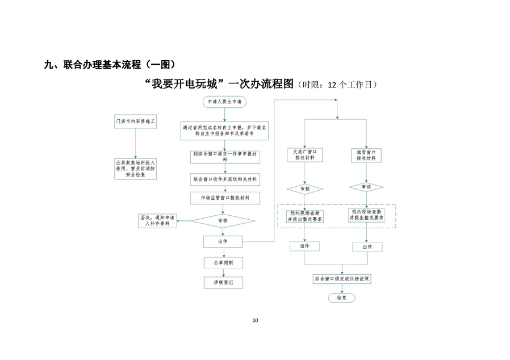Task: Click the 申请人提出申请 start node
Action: click(224, 102)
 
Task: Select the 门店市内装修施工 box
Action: click(135, 121)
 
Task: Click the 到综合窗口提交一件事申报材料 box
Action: click(224, 156)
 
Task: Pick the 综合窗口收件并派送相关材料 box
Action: click(224, 179)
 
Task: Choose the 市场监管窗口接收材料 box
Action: click(224, 198)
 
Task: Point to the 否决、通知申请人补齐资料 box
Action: click(157, 220)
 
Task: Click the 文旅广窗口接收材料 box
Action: click(305, 155)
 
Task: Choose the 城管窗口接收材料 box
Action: click(366, 155)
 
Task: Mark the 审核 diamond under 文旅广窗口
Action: click(305, 189)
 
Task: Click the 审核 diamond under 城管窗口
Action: click(366, 187)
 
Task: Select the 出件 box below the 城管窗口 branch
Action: click(366, 247)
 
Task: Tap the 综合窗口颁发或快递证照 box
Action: click(341, 279)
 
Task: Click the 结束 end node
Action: click(341, 298)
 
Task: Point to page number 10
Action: click(255, 321)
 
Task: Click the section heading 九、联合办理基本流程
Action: click(108, 64)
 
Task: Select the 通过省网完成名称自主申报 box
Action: click(224, 131)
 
